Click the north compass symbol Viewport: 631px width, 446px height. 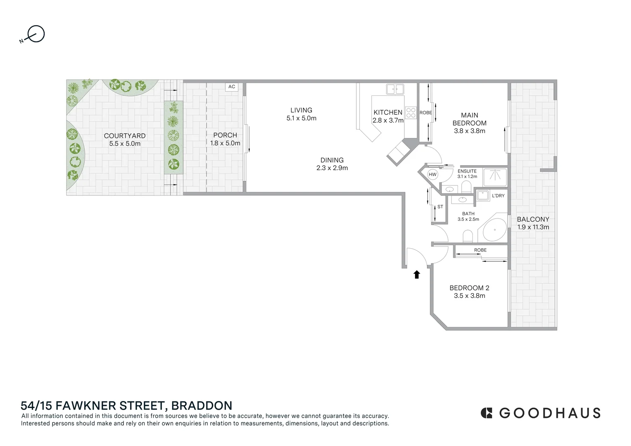click(x=35, y=34)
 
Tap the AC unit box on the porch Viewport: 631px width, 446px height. click(x=232, y=87)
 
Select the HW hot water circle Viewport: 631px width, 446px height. click(x=432, y=174)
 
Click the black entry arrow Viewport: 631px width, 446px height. click(x=417, y=274)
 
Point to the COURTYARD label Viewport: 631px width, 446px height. click(x=125, y=135)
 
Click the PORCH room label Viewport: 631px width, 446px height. click(x=225, y=135)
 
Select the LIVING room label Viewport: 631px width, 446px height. click(x=301, y=110)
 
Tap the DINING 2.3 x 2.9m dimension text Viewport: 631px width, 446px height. click(x=332, y=168)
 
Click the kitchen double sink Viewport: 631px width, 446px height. click(x=395, y=89)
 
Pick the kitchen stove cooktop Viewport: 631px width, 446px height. click(x=410, y=113)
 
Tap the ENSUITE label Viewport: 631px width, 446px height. click(x=467, y=171)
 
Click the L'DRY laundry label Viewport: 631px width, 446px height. click(x=498, y=196)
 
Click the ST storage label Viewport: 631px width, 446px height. click(x=440, y=207)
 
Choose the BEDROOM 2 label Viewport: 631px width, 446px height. click(x=469, y=288)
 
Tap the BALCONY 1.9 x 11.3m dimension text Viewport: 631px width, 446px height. click(x=533, y=227)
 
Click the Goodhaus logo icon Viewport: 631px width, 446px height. click(x=486, y=413)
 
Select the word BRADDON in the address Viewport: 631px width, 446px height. click(x=202, y=406)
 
